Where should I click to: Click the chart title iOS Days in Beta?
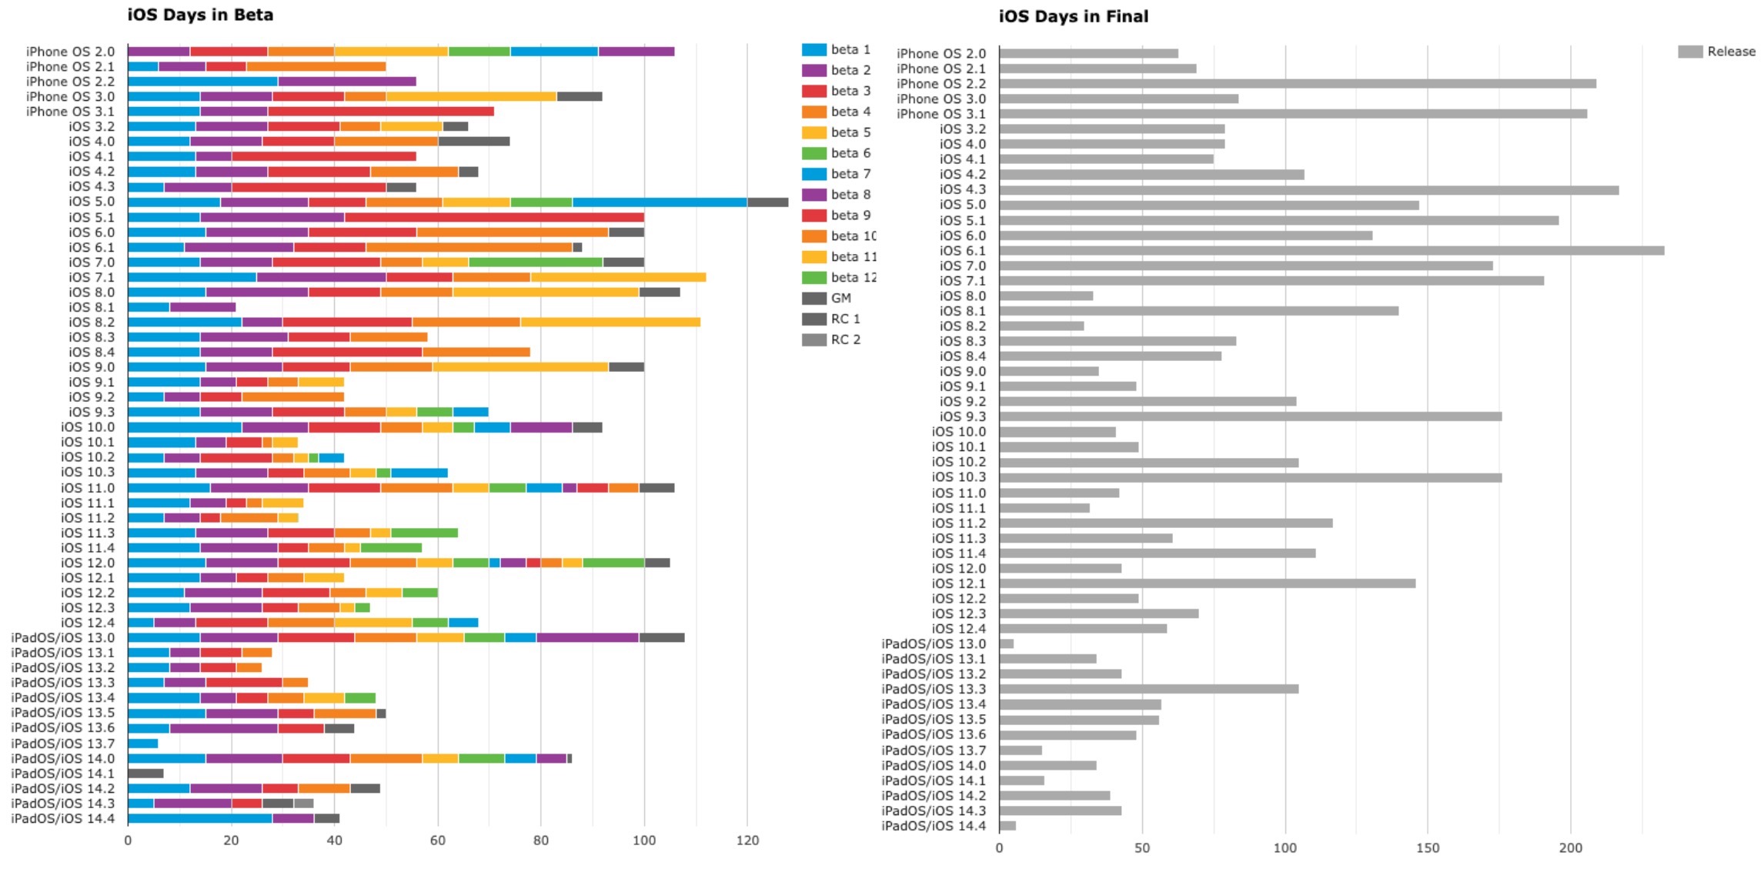pos(199,15)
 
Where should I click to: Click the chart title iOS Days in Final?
pos(1073,16)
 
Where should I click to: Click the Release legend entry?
pos(1717,52)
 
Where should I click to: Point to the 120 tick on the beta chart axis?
pos(747,841)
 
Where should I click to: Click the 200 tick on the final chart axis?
pos(1570,847)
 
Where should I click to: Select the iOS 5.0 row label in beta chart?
pos(91,202)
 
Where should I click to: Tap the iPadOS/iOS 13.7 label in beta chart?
pos(62,744)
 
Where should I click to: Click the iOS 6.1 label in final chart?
pos(962,250)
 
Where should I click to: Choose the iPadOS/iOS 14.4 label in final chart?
pos(933,826)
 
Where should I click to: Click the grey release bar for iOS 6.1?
pos(1331,250)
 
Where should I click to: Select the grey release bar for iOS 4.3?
pos(1308,189)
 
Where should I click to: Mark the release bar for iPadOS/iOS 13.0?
pos(1006,643)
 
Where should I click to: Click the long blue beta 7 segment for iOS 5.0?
pos(660,202)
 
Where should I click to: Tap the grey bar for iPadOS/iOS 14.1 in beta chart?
pos(145,774)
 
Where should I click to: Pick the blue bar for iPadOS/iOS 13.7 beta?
pos(142,744)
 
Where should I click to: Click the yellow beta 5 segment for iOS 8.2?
pos(610,322)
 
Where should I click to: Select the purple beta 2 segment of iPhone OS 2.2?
pos(347,82)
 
